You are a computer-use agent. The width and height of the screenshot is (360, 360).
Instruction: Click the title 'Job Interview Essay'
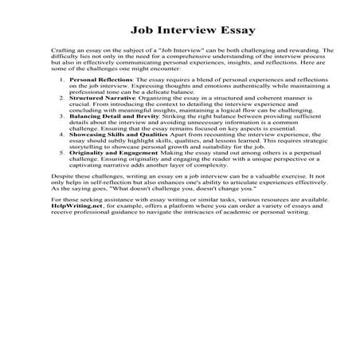pos(179,32)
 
